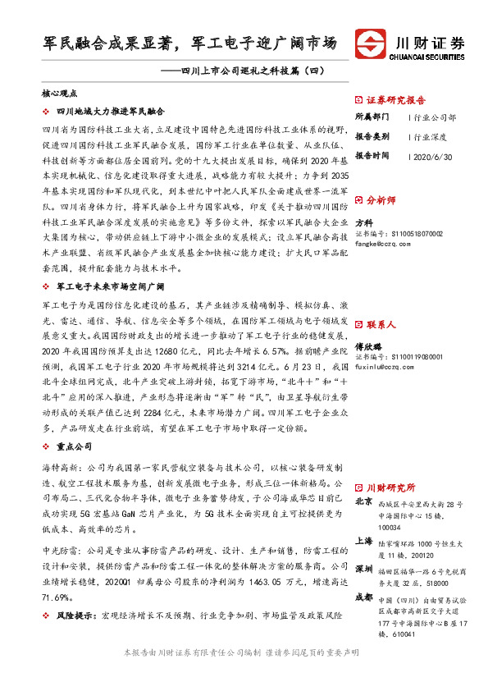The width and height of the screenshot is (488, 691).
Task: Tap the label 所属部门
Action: tap(371, 117)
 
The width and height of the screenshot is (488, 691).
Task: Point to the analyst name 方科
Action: tap(363, 223)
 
